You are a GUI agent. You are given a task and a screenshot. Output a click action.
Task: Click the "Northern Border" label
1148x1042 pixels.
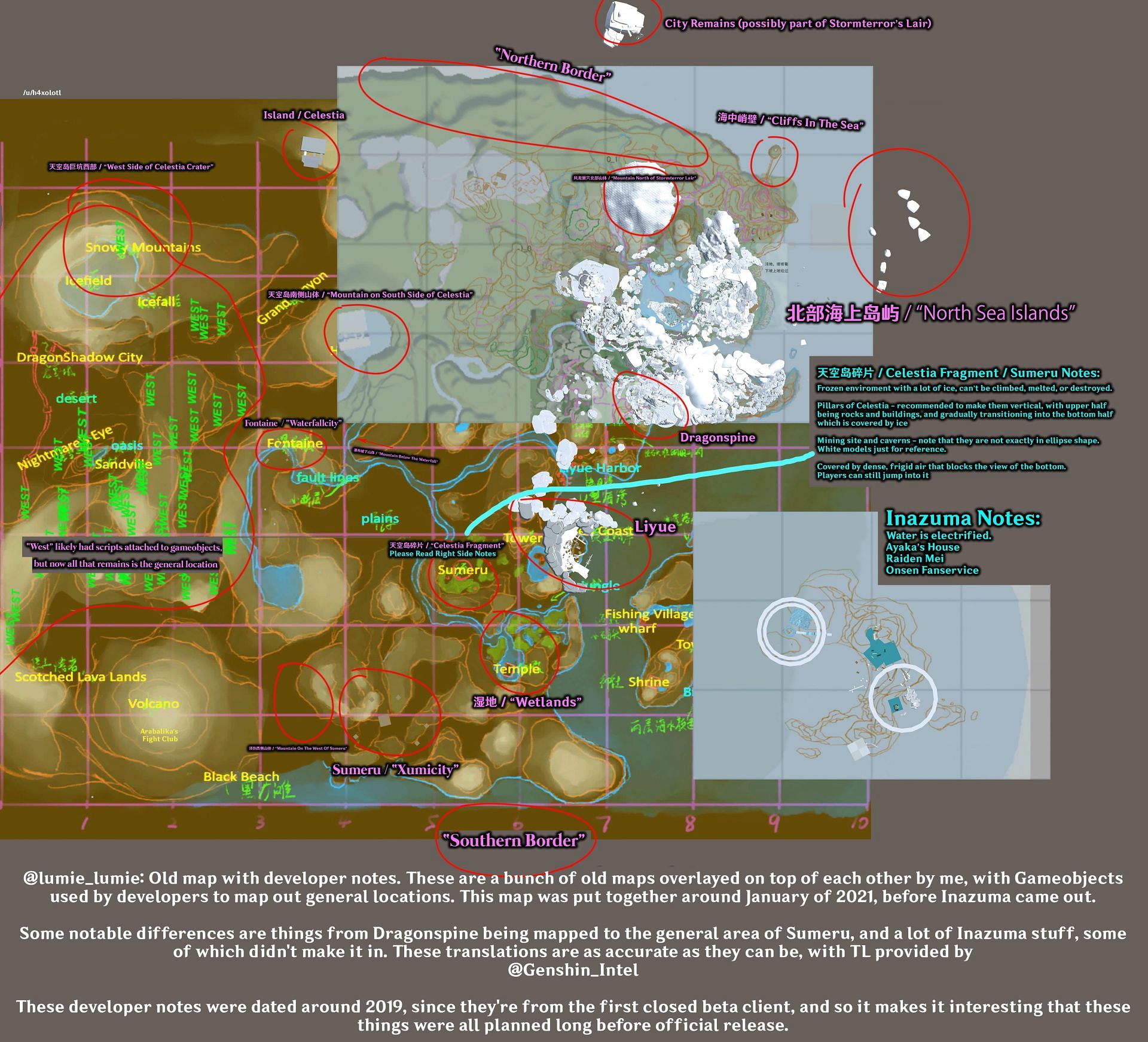click(x=553, y=65)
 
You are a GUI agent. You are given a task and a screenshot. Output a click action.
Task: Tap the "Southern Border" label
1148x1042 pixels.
click(x=514, y=841)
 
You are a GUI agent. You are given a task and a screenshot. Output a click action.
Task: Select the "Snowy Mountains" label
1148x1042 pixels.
click(x=143, y=247)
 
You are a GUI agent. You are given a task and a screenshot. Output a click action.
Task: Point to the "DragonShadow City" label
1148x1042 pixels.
click(x=80, y=357)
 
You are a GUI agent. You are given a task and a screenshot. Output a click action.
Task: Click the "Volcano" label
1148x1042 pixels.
click(x=154, y=704)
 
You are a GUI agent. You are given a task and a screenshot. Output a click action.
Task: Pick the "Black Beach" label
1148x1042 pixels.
click(x=241, y=777)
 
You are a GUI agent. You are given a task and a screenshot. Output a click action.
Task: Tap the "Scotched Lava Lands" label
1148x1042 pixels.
click(x=81, y=677)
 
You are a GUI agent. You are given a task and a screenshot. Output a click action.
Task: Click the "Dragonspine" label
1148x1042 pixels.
click(x=717, y=438)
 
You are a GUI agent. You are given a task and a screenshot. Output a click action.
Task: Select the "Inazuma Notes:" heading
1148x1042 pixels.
click(x=963, y=518)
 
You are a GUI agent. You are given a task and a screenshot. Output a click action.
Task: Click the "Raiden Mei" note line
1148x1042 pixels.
click(x=915, y=558)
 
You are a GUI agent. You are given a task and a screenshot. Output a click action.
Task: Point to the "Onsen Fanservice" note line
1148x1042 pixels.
click(x=932, y=570)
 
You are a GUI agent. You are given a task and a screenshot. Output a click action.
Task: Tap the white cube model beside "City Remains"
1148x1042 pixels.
click(x=623, y=23)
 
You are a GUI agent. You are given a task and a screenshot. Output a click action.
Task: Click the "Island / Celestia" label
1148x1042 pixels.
click(x=304, y=115)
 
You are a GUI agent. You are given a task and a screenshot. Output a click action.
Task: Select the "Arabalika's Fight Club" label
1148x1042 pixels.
click(x=160, y=735)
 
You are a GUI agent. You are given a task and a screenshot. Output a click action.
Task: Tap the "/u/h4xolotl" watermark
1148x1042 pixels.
click(x=42, y=93)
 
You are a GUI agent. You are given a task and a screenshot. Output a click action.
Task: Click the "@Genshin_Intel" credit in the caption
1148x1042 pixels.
click(x=573, y=970)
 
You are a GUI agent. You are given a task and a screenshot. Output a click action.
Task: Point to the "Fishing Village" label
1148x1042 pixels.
click(x=649, y=614)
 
